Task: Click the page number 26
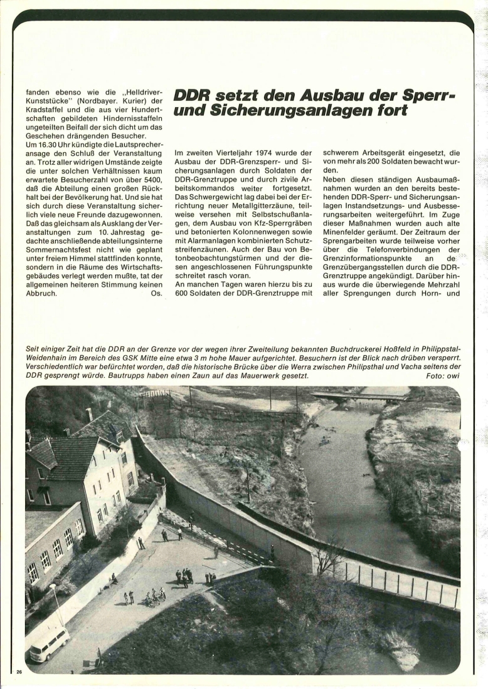(x=19, y=671)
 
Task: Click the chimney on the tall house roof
(x=89, y=414)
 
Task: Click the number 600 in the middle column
(x=183, y=293)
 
